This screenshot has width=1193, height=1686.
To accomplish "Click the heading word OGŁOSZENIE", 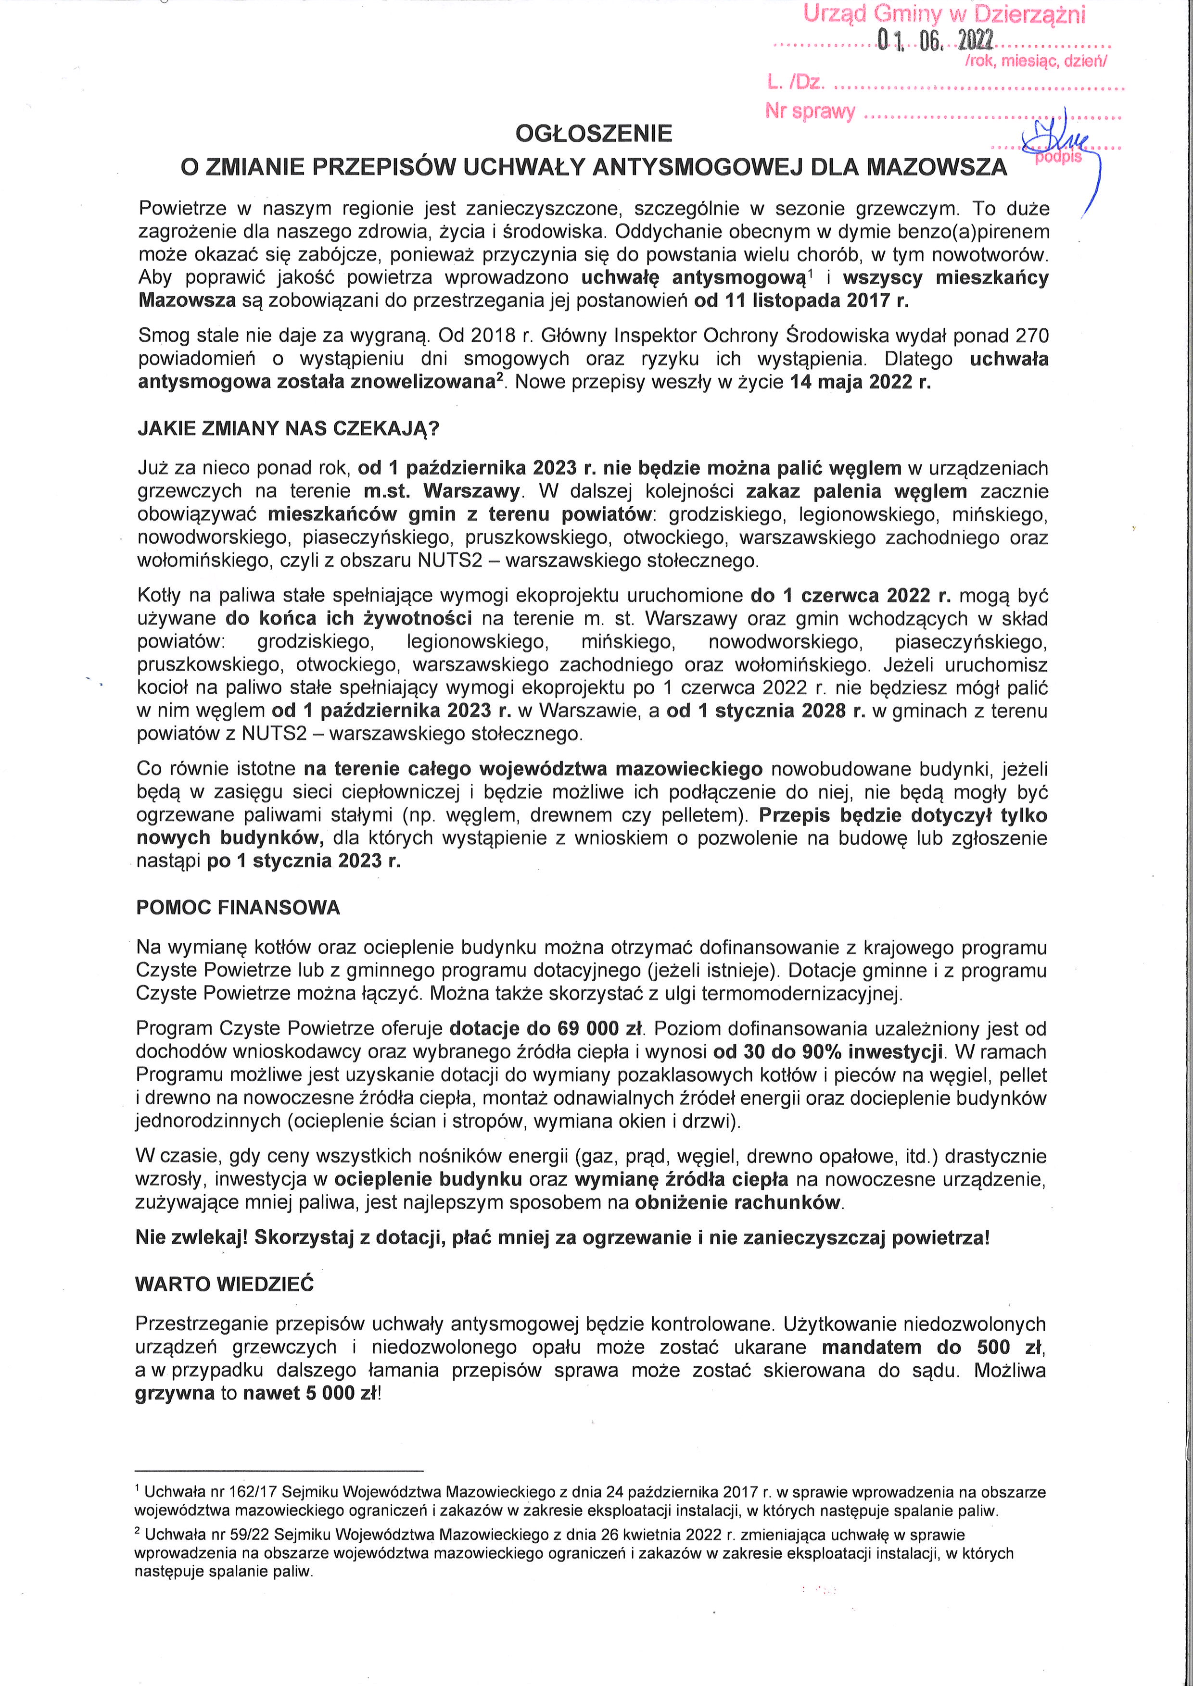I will (x=594, y=134).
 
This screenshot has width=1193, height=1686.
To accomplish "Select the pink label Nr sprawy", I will (x=810, y=112).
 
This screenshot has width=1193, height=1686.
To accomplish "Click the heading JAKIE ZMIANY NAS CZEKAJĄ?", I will (x=288, y=429).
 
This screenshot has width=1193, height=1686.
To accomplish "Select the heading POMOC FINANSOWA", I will (x=238, y=908).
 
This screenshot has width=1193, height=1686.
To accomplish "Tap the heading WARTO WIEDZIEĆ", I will (x=224, y=1284).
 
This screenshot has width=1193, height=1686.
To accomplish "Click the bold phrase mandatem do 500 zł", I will (x=933, y=1348).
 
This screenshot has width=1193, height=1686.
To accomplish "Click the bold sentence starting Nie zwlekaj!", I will (x=562, y=1237).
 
